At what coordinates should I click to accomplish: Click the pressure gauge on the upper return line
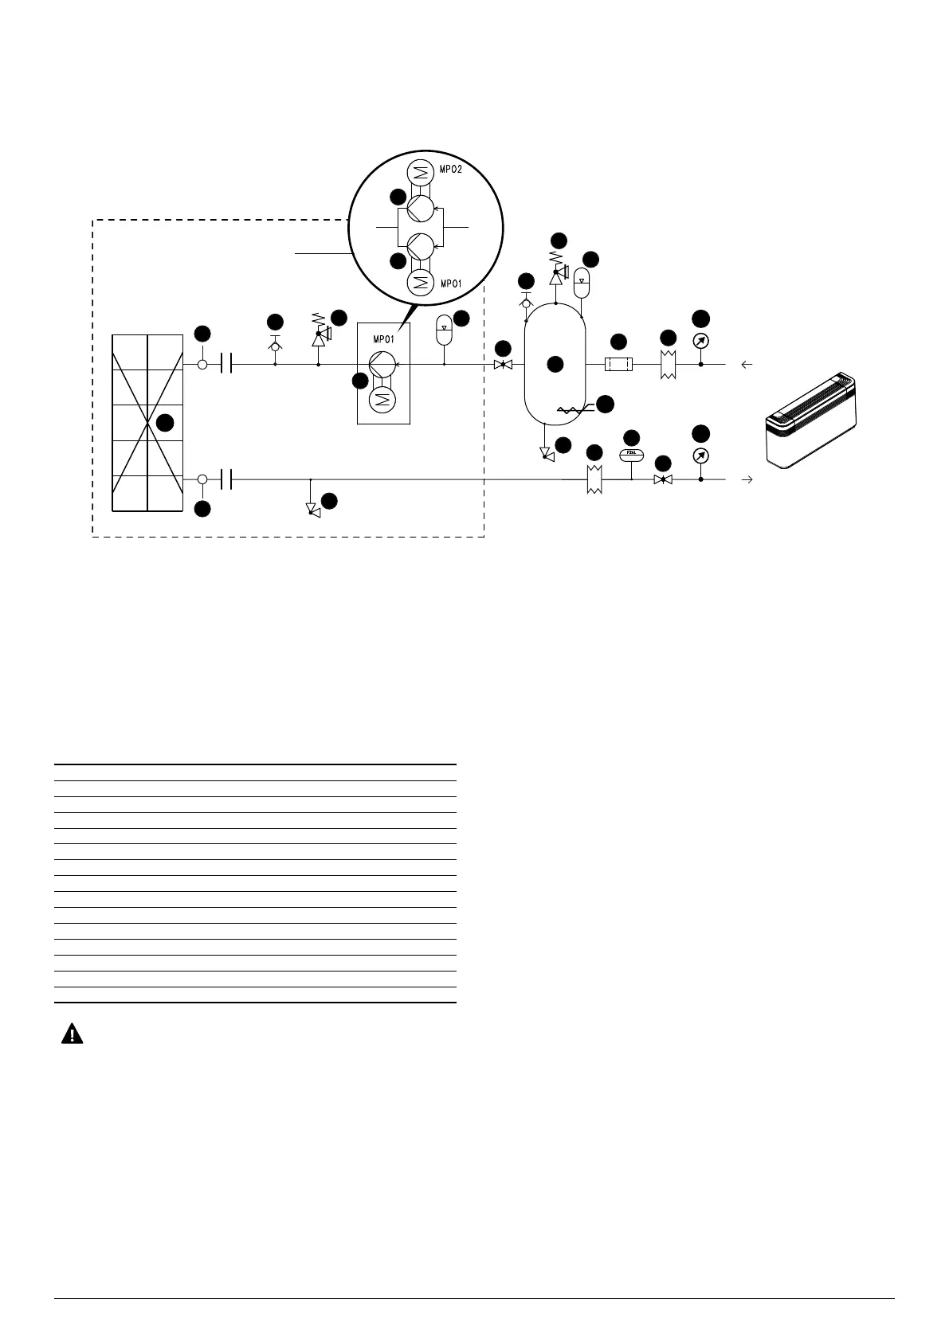tap(701, 341)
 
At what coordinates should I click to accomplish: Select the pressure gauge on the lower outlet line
tap(701, 456)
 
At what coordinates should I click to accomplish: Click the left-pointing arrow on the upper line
tap(747, 365)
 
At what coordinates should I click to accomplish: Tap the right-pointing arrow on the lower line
tap(747, 480)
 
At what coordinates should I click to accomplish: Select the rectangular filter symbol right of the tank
tap(618, 365)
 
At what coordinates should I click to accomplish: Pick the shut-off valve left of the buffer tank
tap(503, 365)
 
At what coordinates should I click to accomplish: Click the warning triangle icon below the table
tap(73, 1034)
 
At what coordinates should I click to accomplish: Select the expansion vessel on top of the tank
tap(582, 280)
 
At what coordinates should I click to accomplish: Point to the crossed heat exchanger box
tap(147, 422)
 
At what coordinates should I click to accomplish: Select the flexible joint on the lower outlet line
tap(594, 480)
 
